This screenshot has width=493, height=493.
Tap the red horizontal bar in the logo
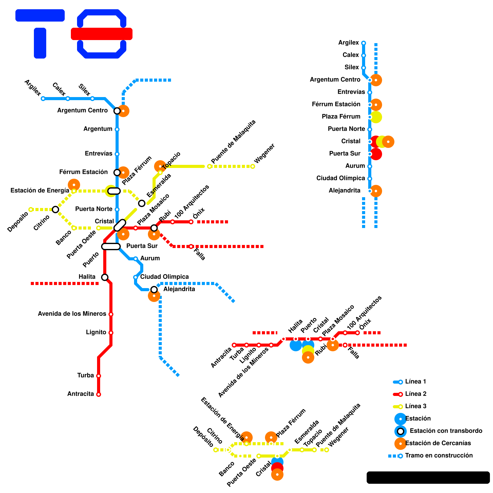click(x=102, y=34)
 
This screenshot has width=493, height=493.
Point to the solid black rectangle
click(x=428, y=477)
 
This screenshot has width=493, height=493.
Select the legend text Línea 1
click(x=415, y=382)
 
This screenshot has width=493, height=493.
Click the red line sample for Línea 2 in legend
click(x=397, y=394)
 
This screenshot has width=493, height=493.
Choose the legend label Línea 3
click(x=416, y=406)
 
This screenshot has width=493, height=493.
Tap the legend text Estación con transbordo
click(x=446, y=431)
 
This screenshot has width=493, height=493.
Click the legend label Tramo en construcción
click(x=439, y=456)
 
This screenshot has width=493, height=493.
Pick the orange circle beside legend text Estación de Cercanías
click(x=400, y=444)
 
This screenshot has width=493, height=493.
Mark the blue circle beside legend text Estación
click(x=400, y=419)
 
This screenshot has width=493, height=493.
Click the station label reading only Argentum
click(x=98, y=129)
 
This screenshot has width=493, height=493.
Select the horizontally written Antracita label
click(x=80, y=394)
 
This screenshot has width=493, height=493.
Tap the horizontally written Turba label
click(x=85, y=376)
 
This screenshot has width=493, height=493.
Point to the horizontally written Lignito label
click(x=96, y=332)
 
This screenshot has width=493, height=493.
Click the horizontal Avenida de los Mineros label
click(x=72, y=314)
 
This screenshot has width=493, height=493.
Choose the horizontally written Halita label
click(x=87, y=277)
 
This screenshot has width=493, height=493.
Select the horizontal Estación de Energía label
click(x=40, y=191)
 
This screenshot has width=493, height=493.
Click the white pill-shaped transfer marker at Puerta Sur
click(x=111, y=246)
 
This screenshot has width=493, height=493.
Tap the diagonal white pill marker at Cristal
click(x=120, y=225)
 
